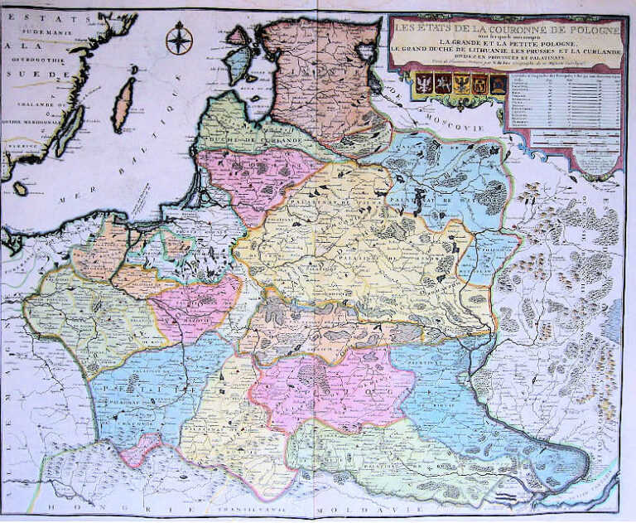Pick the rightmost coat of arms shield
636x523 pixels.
[x=497, y=84]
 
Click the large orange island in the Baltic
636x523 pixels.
[x=124, y=104]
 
